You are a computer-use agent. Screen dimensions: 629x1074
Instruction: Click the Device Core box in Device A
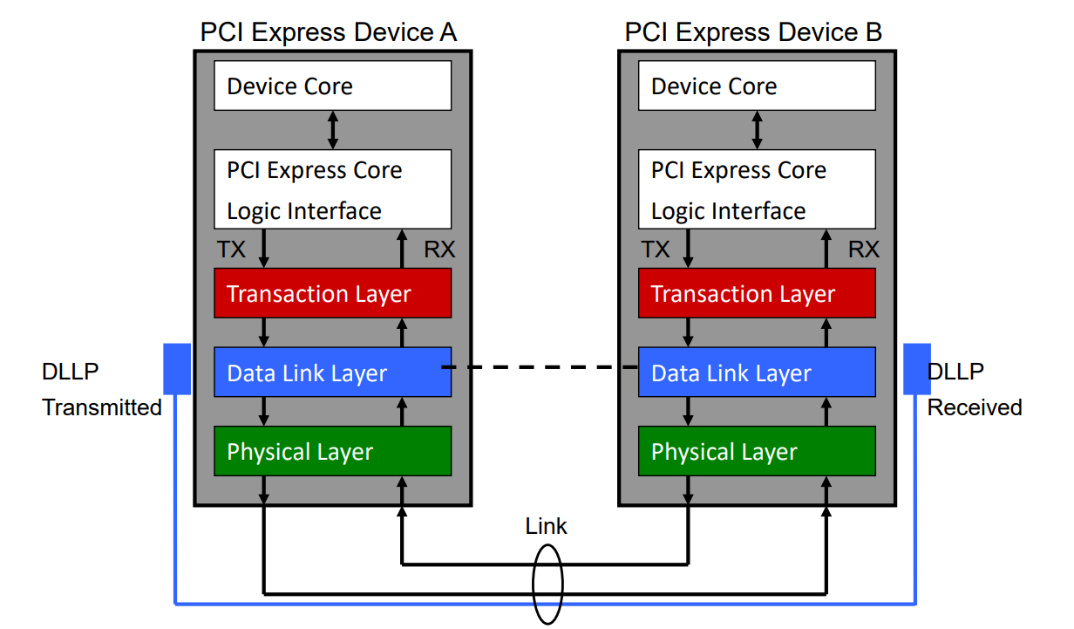[x=332, y=85]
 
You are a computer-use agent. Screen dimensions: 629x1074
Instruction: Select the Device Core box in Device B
[x=757, y=85]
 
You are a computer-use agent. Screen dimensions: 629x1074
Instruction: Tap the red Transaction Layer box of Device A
[x=332, y=293]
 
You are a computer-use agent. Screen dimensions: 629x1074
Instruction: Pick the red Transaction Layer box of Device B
[x=757, y=293]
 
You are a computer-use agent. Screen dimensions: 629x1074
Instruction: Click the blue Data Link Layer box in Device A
[x=332, y=373]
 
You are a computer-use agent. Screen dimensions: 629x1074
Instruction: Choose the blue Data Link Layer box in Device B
[x=757, y=373]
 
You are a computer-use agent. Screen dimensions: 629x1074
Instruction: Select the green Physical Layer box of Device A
[x=332, y=451]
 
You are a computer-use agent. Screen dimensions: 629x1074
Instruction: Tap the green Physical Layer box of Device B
[x=757, y=451]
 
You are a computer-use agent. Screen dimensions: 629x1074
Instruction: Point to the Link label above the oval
[x=547, y=526]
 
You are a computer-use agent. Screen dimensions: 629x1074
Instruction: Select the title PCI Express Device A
[x=329, y=32]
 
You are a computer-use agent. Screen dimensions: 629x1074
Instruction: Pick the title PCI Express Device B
[x=753, y=32]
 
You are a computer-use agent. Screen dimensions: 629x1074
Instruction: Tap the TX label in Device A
[x=231, y=250]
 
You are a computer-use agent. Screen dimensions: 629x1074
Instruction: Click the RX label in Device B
[x=864, y=250]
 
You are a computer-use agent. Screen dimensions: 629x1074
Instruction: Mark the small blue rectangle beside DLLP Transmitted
[x=177, y=368]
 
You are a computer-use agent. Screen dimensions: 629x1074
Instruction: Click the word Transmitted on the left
[x=102, y=407]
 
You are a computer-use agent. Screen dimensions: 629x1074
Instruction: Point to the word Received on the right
[x=974, y=407]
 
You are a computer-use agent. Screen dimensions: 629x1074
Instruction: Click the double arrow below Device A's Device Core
[x=332, y=129]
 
